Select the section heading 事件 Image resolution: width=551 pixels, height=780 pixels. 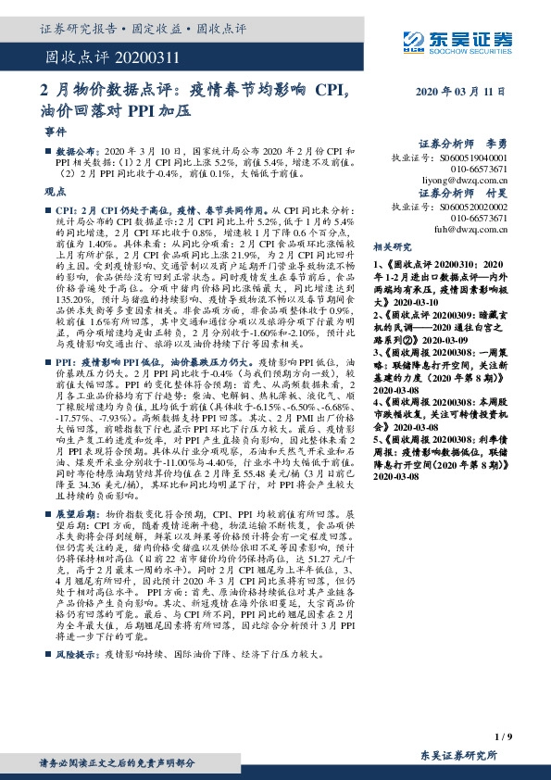click(x=55, y=132)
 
